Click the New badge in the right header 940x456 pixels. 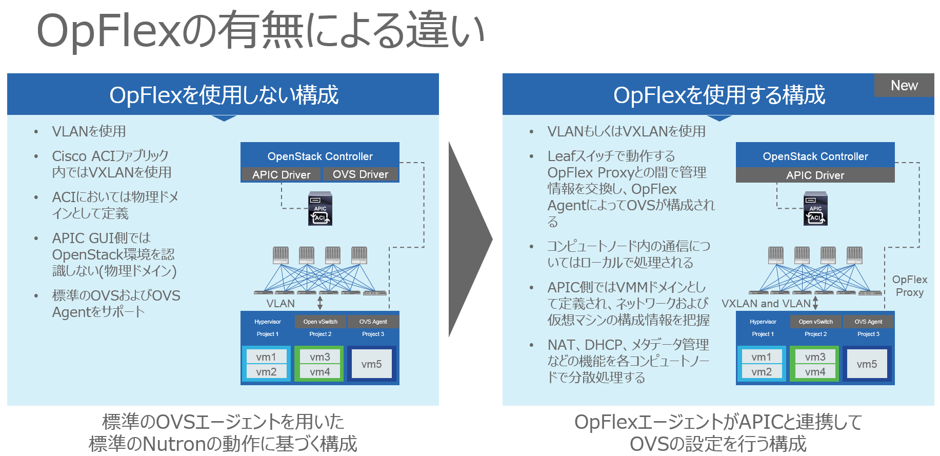pyautogui.click(x=904, y=85)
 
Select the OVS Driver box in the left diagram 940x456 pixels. pyautogui.click(x=361, y=174)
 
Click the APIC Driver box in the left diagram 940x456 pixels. pyautogui.click(x=281, y=174)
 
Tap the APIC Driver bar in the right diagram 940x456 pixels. pyautogui.click(x=815, y=175)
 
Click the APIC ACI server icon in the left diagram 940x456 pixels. pyautogui.click(x=320, y=209)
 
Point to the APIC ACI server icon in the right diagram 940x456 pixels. pyautogui.click(x=815, y=209)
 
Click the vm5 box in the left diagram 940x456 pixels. pyautogui.click(x=372, y=364)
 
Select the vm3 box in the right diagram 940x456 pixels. pyautogui.click(x=815, y=356)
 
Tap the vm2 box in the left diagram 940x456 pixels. pyautogui.click(x=266, y=371)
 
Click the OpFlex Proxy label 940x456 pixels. pyautogui.click(x=910, y=286)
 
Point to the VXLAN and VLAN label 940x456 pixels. pyautogui.click(x=766, y=304)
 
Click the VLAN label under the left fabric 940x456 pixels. pyautogui.click(x=281, y=304)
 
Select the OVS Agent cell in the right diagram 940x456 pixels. pyautogui.click(x=868, y=322)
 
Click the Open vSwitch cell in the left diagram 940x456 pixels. pyautogui.click(x=321, y=322)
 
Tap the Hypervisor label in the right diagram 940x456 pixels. pyautogui.click(x=763, y=322)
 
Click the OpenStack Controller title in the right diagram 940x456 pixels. pyautogui.click(x=815, y=156)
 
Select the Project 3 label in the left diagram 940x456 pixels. pyautogui.click(x=373, y=334)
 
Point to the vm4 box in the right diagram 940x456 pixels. pyautogui.click(x=815, y=371)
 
